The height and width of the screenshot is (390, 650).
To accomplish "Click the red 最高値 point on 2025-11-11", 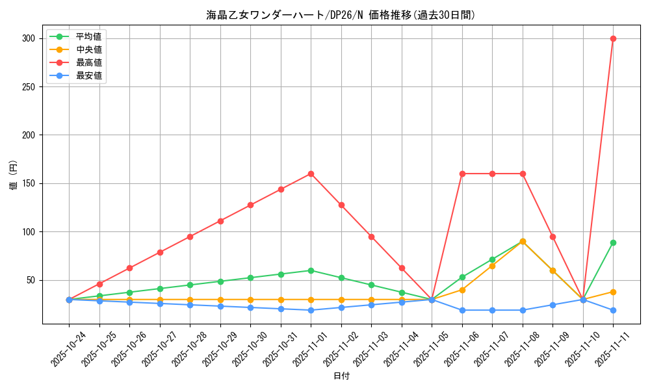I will point(613,38).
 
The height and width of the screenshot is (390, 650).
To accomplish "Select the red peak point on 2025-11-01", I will point(311,174).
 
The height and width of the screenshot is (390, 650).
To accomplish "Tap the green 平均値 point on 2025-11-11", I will point(613,242).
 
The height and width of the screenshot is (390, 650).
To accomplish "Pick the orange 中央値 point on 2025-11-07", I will point(492,266).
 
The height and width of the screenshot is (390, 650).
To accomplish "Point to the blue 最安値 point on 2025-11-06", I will point(462,310).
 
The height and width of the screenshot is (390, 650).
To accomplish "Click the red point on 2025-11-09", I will point(552,237).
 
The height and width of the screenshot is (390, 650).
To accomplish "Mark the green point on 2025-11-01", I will point(311,270).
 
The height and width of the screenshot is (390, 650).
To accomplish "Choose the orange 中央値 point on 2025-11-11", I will point(613,292).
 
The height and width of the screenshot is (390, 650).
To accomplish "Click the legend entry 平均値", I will point(88,36).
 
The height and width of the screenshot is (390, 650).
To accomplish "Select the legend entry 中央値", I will point(88,49).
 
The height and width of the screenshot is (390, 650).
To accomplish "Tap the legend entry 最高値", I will point(88,62).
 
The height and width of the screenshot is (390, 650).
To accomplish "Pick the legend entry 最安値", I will point(88,75).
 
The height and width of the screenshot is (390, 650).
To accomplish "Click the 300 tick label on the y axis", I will point(27,38).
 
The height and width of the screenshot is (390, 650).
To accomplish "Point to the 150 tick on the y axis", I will point(27,183).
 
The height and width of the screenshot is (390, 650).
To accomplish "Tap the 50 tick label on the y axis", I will point(29,280).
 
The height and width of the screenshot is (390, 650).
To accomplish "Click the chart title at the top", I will point(341,15).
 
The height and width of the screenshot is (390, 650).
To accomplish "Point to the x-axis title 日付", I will point(341,376).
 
